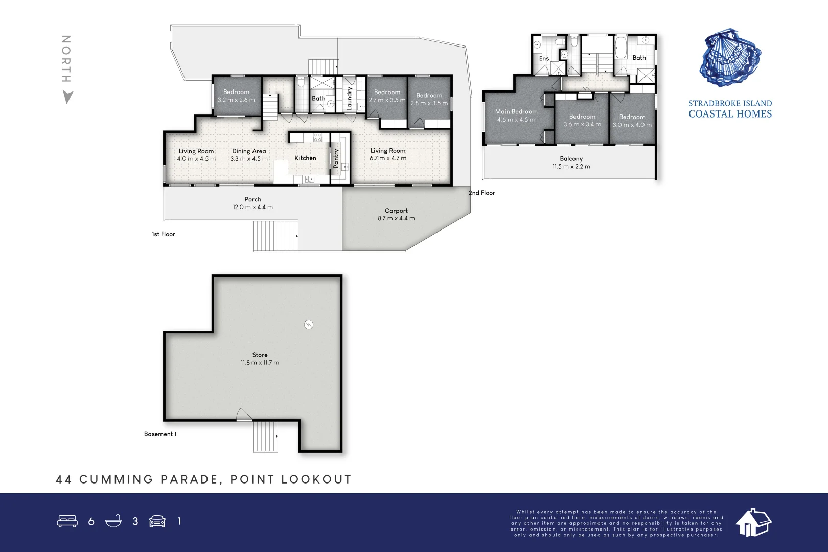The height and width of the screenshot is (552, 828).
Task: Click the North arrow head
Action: pos(67,97)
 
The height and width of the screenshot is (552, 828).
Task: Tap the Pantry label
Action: pos(336,158)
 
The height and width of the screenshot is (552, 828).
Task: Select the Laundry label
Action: pos(350,98)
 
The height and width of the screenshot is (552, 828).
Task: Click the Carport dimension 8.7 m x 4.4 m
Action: pos(396,218)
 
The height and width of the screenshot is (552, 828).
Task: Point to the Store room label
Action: pos(260,355)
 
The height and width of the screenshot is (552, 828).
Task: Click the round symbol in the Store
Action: pos(309,325)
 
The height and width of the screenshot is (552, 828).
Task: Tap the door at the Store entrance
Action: pos(244,415)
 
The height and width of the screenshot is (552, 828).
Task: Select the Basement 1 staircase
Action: pos(266,436)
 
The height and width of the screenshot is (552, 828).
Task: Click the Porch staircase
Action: pos(275,236)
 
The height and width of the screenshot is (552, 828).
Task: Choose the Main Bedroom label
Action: pos(516,111)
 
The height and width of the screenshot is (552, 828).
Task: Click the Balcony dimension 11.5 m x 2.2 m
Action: pos(571,167)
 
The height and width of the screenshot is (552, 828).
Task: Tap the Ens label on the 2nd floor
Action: pos(544,58)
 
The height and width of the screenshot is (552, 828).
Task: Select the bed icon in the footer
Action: pos(67,521)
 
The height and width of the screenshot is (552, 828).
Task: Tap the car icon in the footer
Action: pos(157,521)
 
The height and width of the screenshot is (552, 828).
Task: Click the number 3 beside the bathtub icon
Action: pos(135,521)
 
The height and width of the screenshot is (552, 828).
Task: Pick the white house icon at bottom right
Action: pos(753,522)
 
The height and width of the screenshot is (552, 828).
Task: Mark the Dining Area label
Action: pos(249,151)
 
